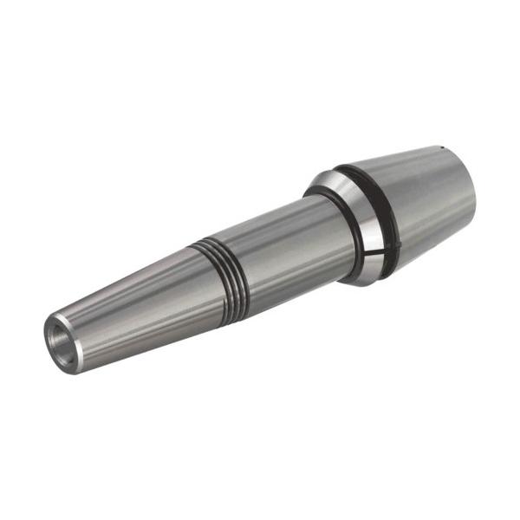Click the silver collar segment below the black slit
pyautogui.click(x=368, y=260)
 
